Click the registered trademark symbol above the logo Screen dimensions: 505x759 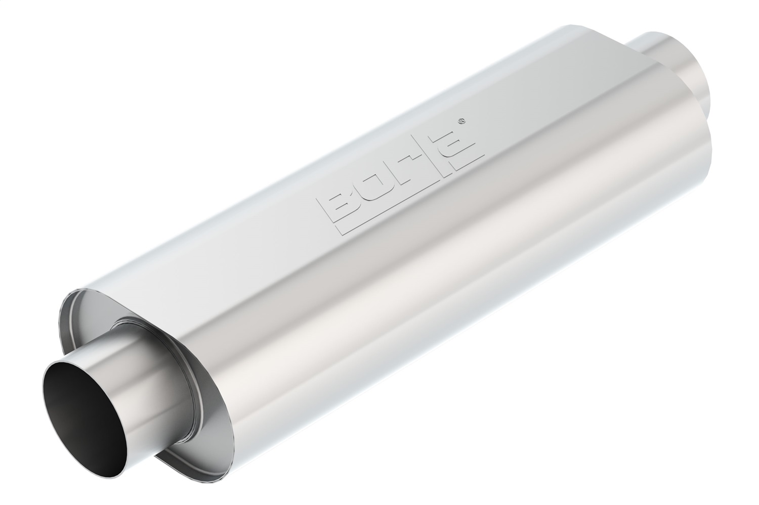[462, 121]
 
